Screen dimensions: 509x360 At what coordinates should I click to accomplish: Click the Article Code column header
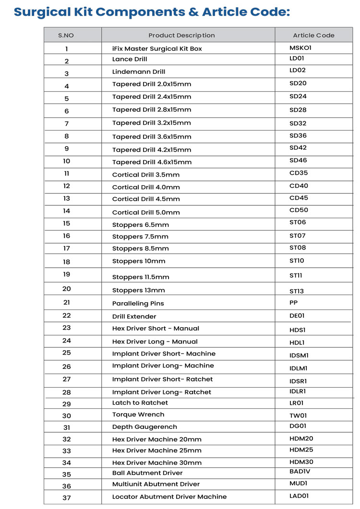313,35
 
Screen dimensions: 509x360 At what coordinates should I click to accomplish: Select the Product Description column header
181,35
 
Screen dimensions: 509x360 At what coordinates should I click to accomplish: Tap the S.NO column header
66,35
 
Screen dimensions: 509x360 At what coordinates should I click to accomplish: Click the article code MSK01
300,48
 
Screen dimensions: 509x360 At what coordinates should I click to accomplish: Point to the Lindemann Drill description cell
139,72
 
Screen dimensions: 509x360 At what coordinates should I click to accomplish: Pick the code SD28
298,110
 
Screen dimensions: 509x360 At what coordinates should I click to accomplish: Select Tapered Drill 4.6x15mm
152,162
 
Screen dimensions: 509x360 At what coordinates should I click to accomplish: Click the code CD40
299,186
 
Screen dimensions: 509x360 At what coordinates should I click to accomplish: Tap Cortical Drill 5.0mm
146,212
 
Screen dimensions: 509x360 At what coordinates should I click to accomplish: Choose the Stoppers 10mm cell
139,261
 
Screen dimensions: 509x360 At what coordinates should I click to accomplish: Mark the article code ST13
297,291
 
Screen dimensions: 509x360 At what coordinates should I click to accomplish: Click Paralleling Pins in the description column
138,304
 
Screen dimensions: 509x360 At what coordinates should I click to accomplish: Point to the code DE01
297,316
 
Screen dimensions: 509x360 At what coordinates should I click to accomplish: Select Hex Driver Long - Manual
155,342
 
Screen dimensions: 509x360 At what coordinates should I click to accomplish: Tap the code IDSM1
299,355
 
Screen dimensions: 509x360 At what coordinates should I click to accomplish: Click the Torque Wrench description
138,414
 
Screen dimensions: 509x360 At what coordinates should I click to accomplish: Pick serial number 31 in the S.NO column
67,427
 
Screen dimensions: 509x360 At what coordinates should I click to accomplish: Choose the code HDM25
301,450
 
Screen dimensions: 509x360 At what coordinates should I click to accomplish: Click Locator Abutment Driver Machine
169,497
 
